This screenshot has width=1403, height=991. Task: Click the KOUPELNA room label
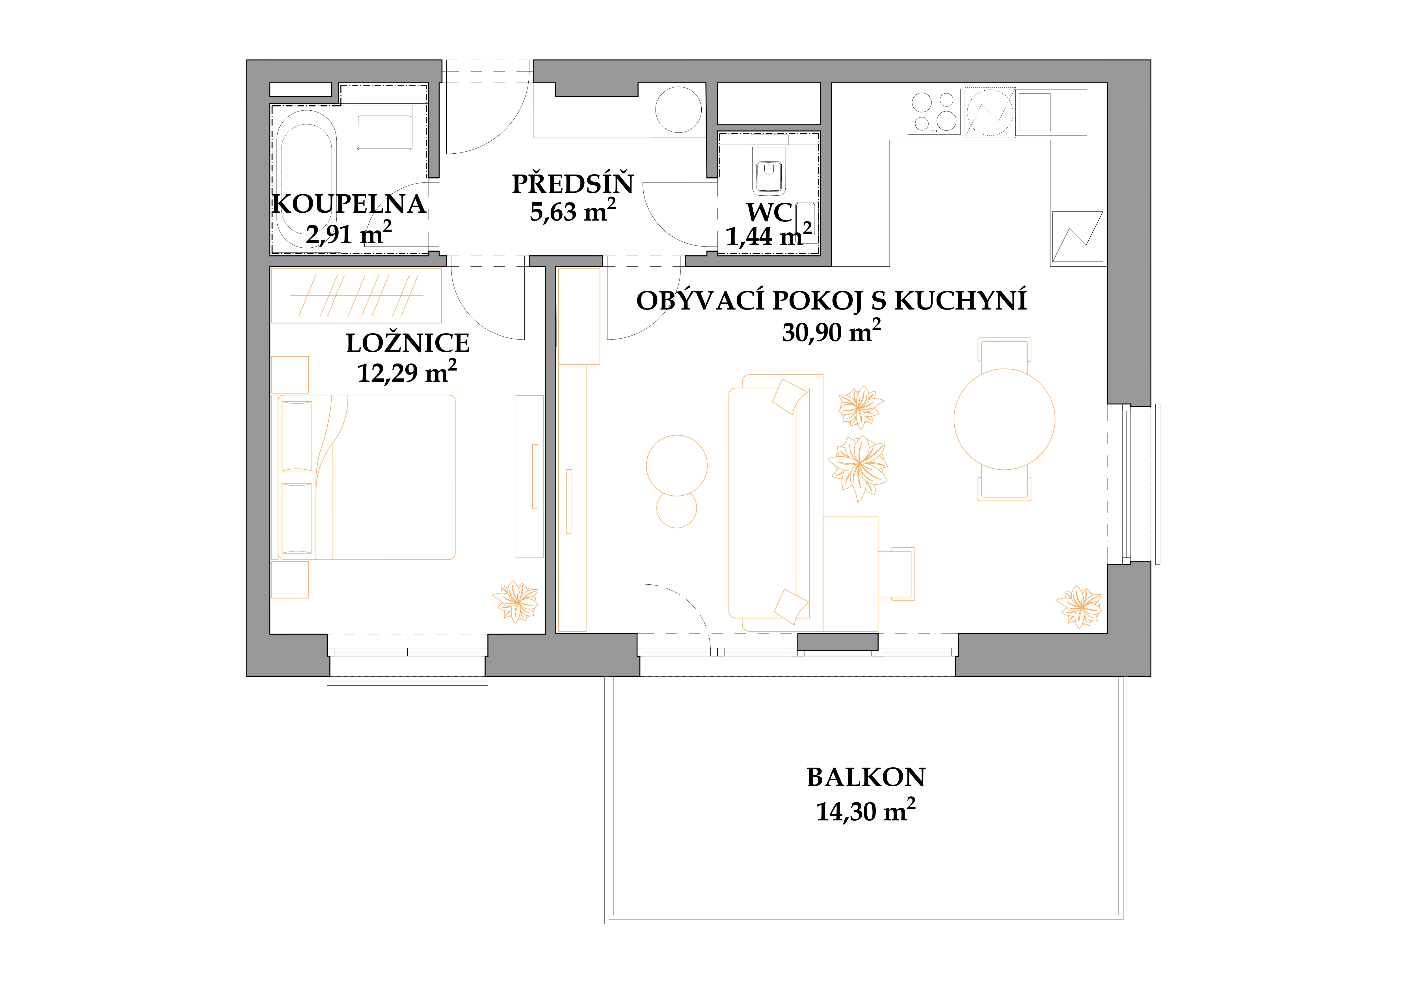(349, 204)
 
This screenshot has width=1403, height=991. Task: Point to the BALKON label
(866, 777)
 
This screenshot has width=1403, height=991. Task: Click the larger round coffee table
(676, 465)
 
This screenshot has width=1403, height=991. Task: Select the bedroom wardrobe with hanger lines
(356, 295)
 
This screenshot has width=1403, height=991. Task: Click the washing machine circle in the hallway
(678, 110)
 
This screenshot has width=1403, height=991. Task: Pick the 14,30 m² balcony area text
(866, 811)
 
